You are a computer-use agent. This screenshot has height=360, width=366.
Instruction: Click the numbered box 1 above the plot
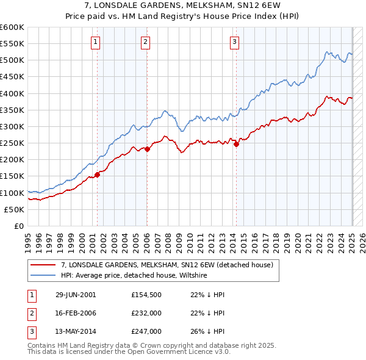click(96, 42)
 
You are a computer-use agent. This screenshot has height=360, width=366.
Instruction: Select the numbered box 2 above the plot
click(146, 42)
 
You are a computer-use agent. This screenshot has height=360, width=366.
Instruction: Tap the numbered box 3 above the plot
click(235, 42)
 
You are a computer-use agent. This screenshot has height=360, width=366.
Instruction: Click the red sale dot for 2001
click(97, 175)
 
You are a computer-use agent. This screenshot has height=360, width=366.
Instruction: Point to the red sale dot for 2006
click(147, 149)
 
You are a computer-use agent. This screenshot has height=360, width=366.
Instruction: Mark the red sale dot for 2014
click(236, 144)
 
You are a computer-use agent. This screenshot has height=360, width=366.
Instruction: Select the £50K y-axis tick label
click(14, 209)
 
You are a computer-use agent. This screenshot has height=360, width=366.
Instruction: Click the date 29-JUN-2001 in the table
click(76, 295)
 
